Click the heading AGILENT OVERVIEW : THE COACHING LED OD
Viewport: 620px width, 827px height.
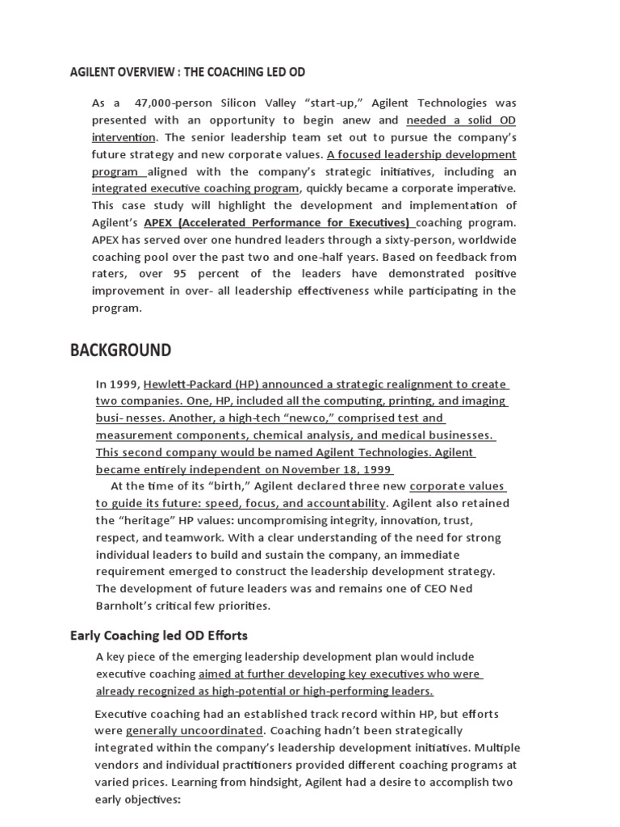coord(188,72)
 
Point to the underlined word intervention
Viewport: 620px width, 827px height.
coord(124,136)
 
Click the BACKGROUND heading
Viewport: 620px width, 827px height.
coord(120,351)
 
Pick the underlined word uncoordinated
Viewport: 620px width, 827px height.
coord(218,730)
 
